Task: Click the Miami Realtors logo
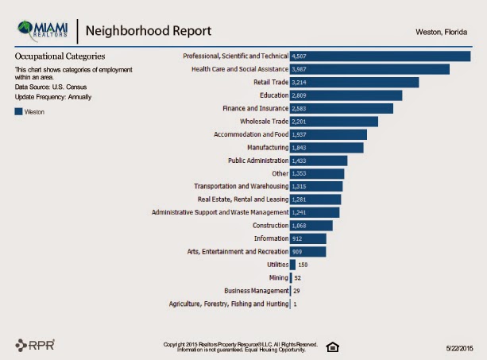43,30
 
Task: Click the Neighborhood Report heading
149,31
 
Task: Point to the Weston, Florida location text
442,32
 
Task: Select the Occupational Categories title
60,56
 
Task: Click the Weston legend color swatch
18,111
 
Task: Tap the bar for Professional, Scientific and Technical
381,56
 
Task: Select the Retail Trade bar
354,83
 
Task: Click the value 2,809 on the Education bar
299,95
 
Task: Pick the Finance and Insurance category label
256,108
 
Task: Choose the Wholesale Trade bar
334,122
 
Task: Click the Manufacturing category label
268,148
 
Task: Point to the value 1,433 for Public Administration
299,161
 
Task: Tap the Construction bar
311,226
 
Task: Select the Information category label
271,238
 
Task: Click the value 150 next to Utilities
303,265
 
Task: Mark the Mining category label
279,277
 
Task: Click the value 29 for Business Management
296,291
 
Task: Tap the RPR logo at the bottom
35,345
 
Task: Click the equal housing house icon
333,347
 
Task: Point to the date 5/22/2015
460,349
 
